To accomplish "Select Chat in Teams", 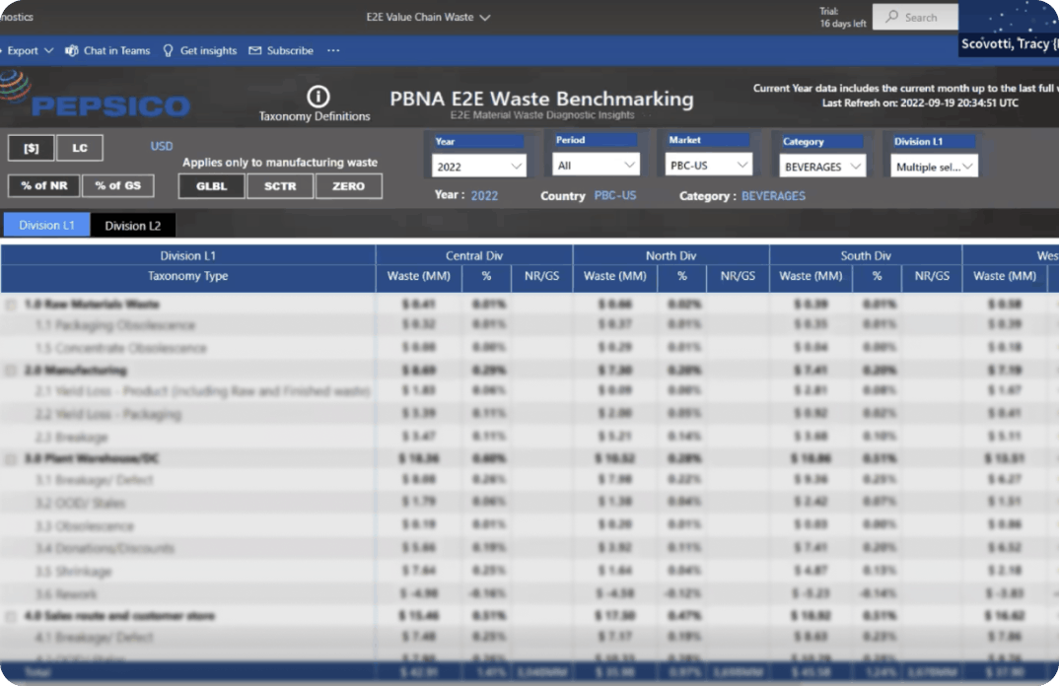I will point(107,51).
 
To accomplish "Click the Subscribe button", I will point(281,51).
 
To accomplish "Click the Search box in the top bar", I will point(916,17).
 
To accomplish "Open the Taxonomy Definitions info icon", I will point(318,97).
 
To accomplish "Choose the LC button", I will point(80,148).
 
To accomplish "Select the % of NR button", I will point(43,185).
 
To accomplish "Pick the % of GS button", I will point(117,185).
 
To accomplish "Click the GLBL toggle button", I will point(211,186).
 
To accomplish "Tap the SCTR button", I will point(280,186).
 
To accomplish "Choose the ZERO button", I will point(348,186).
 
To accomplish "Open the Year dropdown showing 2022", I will point(479,167).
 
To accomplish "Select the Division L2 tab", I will point(133,226).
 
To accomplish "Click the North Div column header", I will point(671,255).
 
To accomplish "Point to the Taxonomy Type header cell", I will point(187,277).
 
